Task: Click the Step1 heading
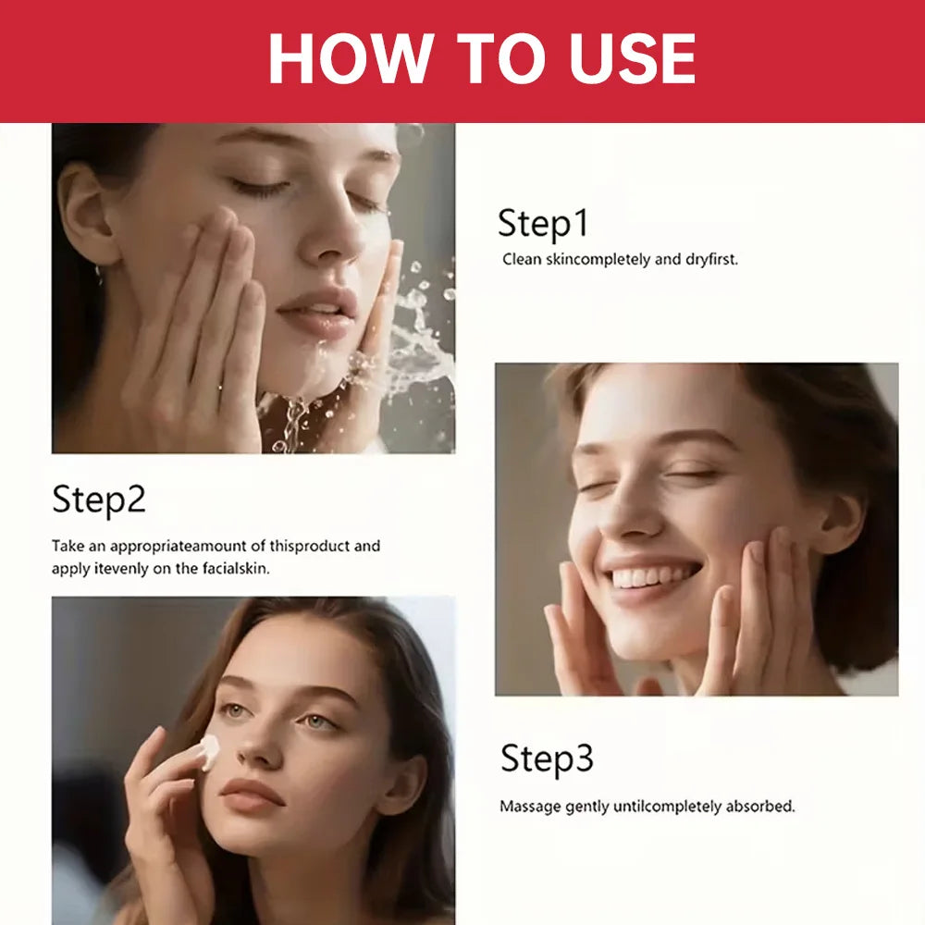point(543,223)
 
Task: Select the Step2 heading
point(99,499)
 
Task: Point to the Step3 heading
point(547,758)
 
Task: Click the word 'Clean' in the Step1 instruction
point(522,259)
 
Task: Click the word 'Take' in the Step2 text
point(68,546)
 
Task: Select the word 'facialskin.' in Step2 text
point(236,569)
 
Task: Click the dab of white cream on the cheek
point(209,751)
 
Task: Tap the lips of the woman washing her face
point(318,313)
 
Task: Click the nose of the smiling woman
point(631,513)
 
